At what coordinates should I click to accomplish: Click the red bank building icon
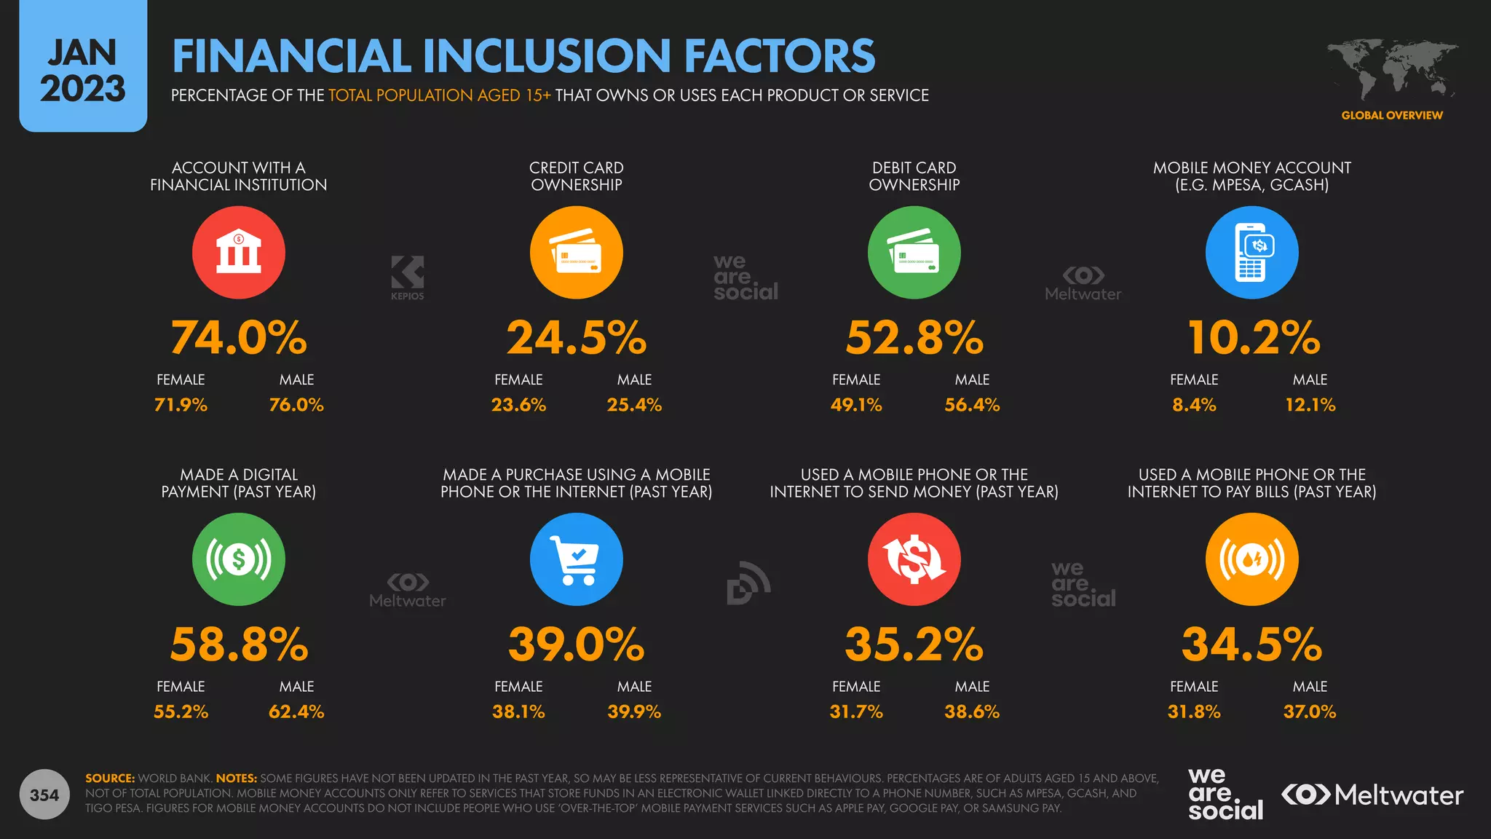point(238,252)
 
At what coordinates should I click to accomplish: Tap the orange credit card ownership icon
point(576,252)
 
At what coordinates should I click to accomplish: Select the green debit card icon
point(914,252)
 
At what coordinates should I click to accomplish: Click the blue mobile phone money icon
point(1251,252)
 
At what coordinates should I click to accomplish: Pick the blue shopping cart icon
point(576,559)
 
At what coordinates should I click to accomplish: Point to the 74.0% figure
point(238,338)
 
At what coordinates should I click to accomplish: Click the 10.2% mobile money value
point(1253,338)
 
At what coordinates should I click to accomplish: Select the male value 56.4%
point(972,405)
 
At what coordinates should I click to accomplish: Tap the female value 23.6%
point(518,405)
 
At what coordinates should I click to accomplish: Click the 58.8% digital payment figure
point(239,645)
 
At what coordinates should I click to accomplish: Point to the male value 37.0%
point(1309,712)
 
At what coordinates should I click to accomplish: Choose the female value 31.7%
point(856,712)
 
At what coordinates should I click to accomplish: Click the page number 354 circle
point(44,795)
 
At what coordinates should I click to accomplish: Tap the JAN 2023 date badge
point(83,67)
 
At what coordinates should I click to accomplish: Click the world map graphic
point(1391,69)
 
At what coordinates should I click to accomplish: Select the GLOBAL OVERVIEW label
point(1391,115)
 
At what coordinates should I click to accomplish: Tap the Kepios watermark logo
point(407,277)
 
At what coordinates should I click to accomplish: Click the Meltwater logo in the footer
point(1372,795)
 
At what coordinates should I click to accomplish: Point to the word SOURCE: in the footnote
point(110,778)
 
